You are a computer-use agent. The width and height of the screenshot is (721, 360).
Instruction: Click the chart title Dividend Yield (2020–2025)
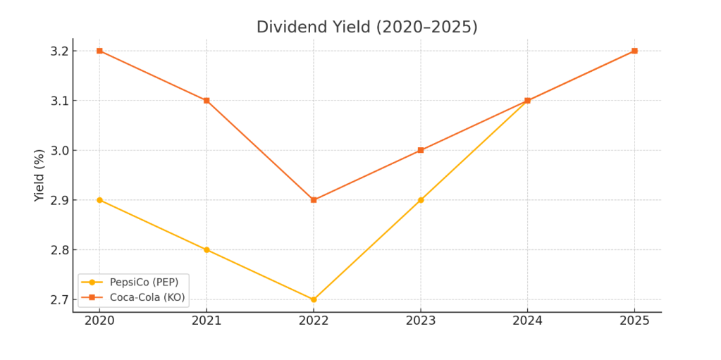(x=366, y=27)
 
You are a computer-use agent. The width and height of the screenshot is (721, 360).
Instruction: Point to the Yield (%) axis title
(x=39, y=175)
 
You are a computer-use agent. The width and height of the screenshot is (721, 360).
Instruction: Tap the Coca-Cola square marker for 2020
(x=99, y=51)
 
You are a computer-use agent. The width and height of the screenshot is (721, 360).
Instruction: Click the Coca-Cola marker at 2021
(x=207, y=100)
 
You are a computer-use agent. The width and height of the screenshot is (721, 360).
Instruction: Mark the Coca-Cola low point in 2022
(x=314, y=200)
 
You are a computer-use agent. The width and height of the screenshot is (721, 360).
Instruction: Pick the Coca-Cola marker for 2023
(x=421, y=150)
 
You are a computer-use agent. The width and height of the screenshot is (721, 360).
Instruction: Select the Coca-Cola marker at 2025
(x=634, y=51)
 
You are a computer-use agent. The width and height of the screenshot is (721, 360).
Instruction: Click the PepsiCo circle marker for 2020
(x=99, y=200)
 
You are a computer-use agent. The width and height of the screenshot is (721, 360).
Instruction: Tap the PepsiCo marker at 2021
(x=207, y=249)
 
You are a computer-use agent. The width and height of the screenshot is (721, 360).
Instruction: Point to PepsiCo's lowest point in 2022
(x=314, y=299)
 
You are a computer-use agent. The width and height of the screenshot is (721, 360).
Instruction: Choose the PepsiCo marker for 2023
(x=421, y=200)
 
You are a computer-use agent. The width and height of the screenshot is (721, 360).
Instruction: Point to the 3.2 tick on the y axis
(x=59, y=51)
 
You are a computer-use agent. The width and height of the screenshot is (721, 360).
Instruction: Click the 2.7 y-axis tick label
(x=59, y=300)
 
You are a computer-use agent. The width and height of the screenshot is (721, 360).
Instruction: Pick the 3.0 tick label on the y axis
(x=59, y=151)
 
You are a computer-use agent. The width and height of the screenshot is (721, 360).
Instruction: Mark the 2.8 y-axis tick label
(x=59, y=250)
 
